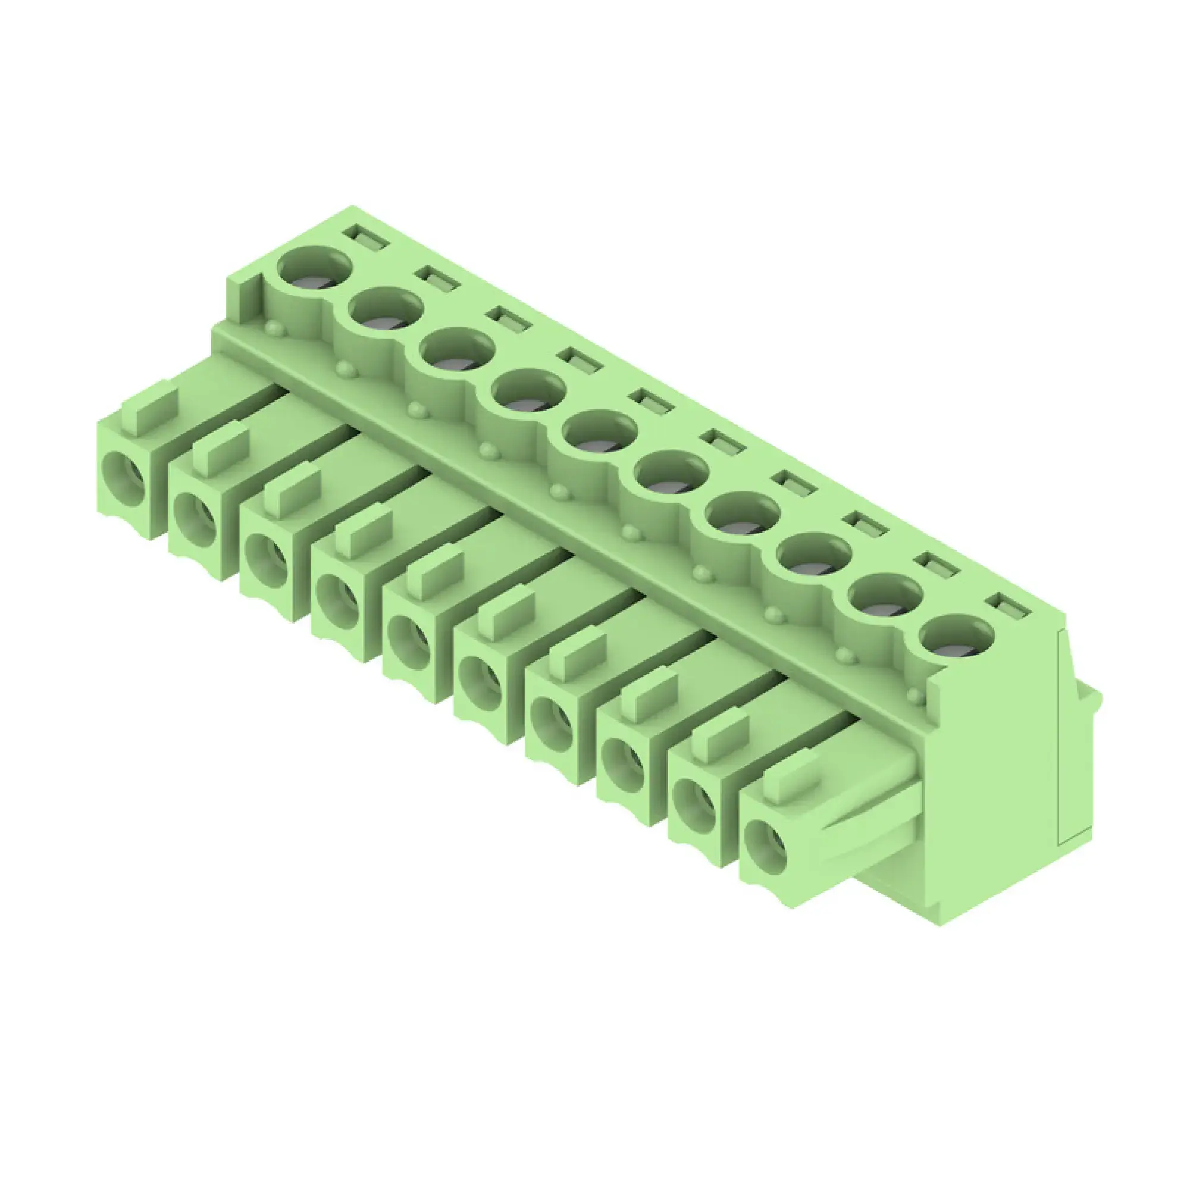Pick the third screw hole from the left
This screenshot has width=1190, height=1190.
coord(457,350)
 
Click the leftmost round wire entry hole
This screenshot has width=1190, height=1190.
coord(124,478)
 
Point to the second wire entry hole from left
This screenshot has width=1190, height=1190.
coord(196,519)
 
